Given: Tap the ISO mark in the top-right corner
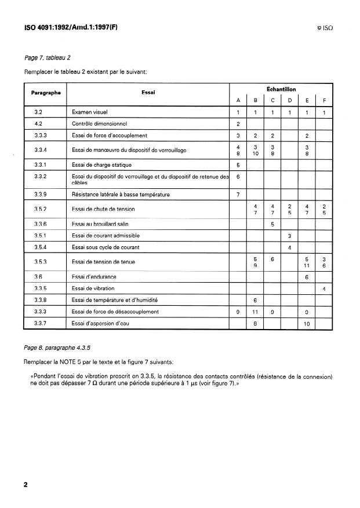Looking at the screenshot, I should [325, 27].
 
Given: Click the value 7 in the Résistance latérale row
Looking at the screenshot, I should [238, 194].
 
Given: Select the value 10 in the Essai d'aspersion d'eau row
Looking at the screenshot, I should [306, 323].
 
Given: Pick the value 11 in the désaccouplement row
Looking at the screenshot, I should [255, 312].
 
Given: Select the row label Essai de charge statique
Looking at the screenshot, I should [101, 165].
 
